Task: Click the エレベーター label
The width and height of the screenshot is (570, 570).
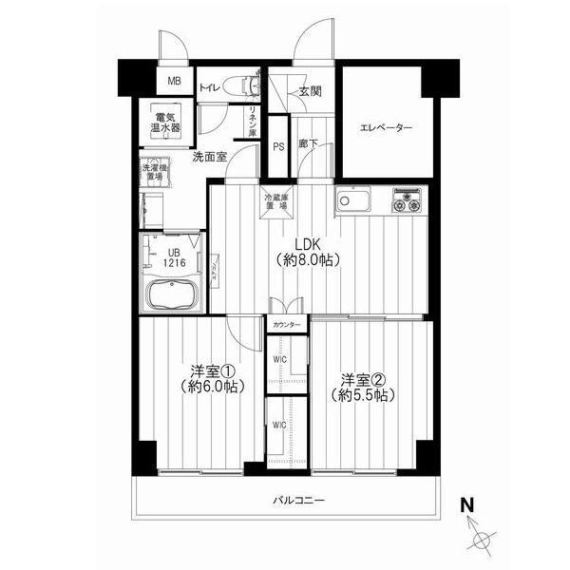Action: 385,128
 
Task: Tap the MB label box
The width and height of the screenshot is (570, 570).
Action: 174,80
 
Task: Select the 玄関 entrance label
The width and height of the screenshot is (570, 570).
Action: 309,92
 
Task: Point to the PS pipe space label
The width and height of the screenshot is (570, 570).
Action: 278,147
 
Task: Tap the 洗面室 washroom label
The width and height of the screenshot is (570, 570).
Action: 208,157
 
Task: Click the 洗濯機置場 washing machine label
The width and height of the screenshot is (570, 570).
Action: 153,173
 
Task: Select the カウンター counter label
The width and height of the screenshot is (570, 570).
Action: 286,326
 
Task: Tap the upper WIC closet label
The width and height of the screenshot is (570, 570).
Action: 277,359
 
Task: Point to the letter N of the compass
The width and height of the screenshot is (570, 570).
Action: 467,504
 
